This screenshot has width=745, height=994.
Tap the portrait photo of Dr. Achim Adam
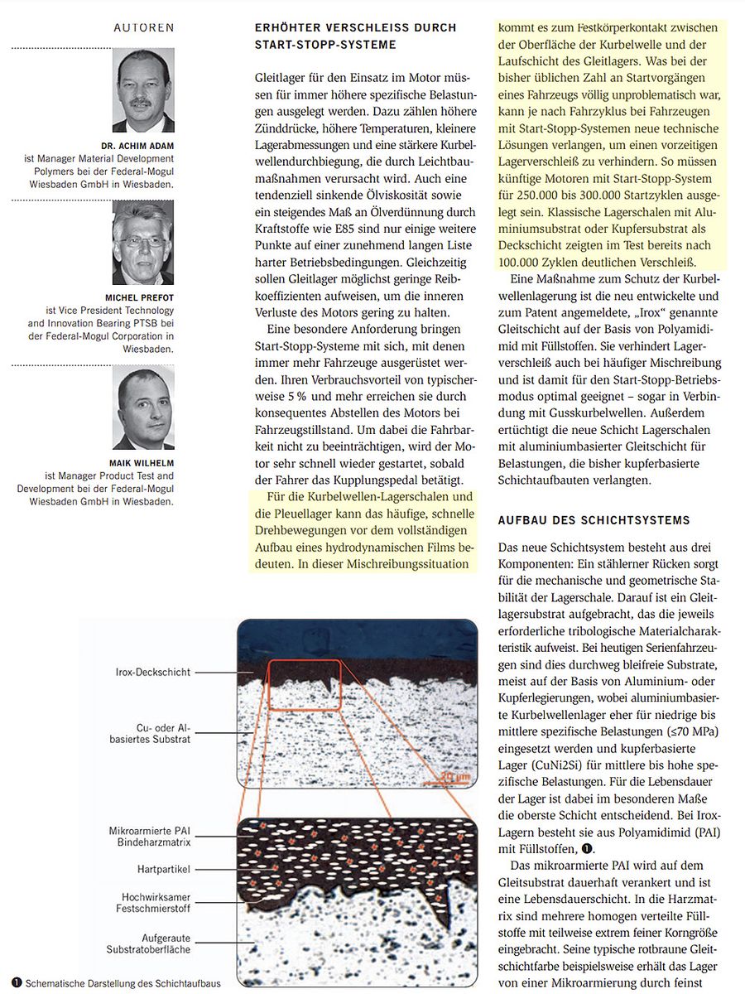143,90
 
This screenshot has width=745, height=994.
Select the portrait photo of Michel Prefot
143,243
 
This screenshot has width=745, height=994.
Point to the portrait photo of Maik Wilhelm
143,408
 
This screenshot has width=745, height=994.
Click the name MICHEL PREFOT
140,297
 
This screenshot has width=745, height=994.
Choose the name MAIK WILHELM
142,462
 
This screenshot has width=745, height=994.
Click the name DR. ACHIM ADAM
140,145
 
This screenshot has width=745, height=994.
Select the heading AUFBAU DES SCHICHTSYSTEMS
594,520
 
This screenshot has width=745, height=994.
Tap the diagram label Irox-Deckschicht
152,673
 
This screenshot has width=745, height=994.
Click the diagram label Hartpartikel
164,869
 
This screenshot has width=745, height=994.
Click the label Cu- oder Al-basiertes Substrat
163,732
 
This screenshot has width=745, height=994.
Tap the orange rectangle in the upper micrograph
304,684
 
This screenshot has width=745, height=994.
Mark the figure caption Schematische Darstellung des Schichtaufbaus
123,984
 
